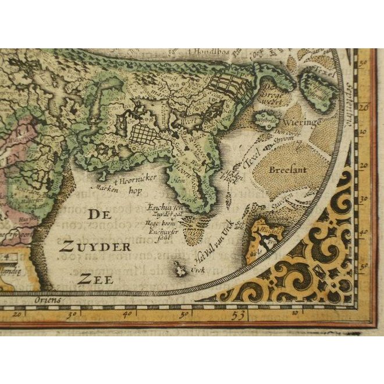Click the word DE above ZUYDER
pos(99,215)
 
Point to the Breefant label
pos(287,170)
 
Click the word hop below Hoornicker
pos(135,190)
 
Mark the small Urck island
pos(179,268)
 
